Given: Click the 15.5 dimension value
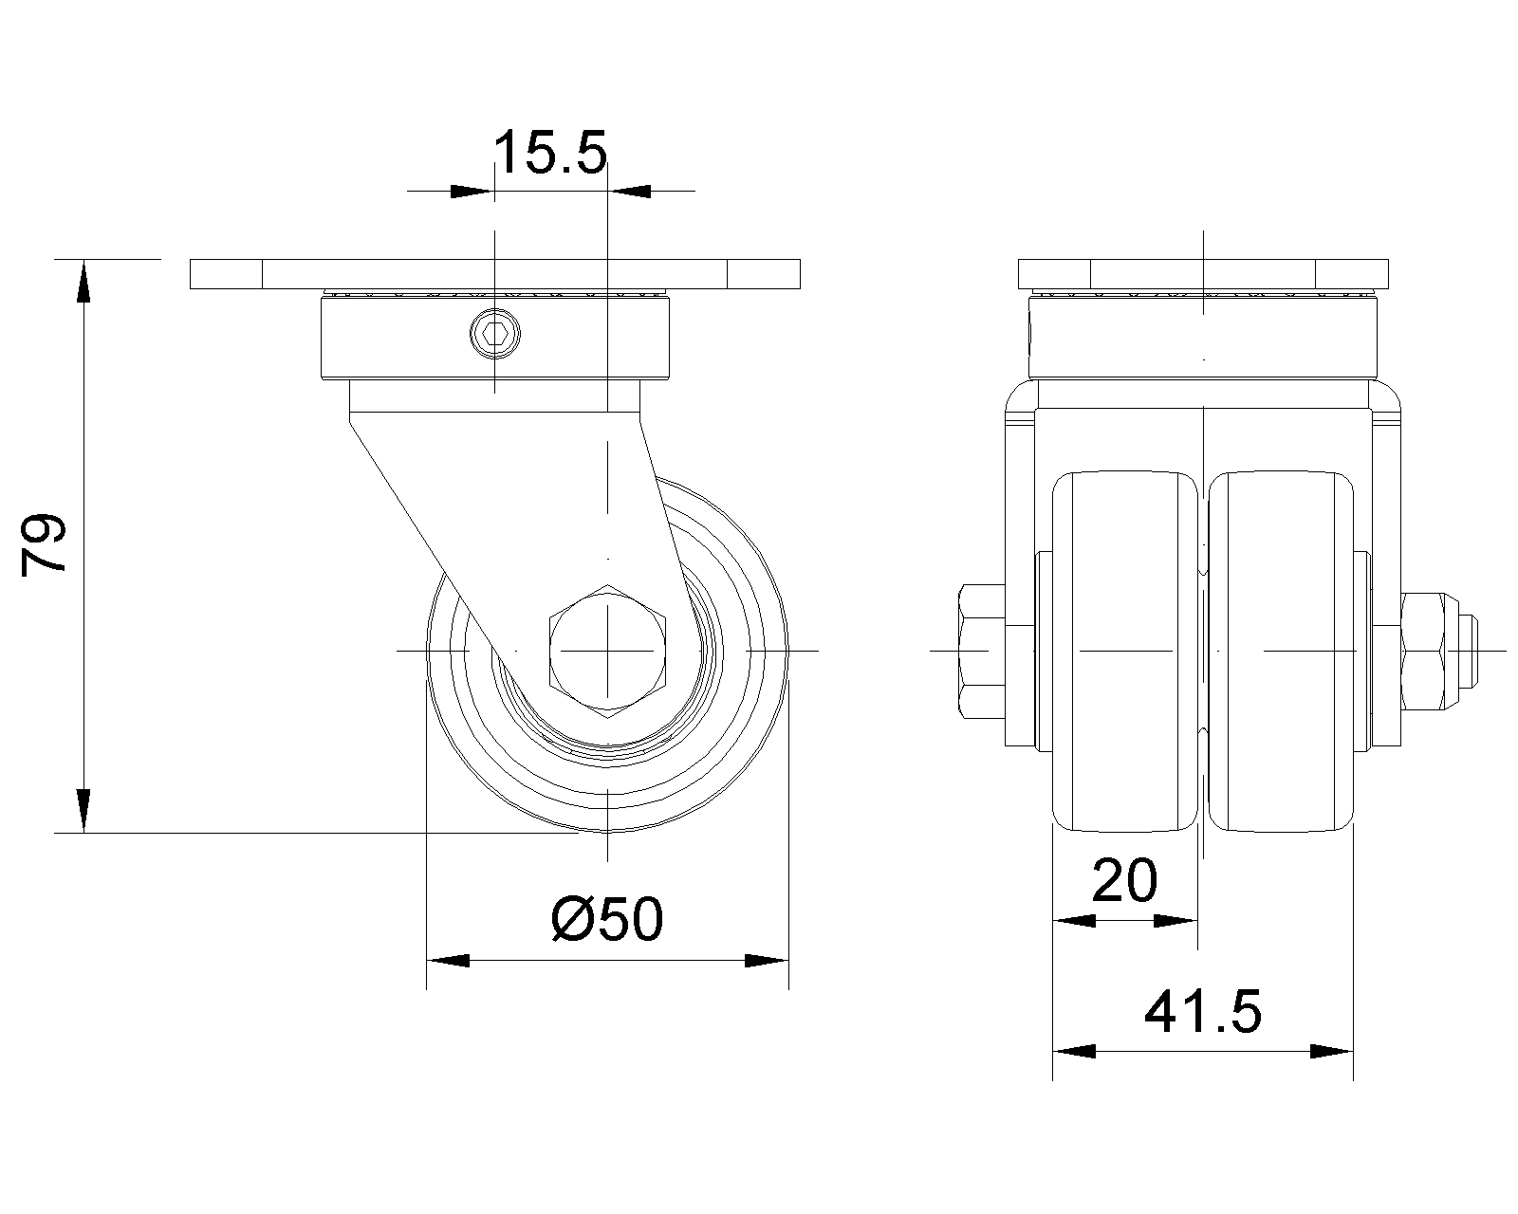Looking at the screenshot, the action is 549,153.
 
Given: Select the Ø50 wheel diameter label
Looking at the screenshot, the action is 607,919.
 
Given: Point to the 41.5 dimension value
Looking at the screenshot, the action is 1203,1011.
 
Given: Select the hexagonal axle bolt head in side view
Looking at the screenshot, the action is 607,651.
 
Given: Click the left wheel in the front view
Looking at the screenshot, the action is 1125,651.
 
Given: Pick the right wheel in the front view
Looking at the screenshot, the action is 1280,651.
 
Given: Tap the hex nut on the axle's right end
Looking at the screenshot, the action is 1423,651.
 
